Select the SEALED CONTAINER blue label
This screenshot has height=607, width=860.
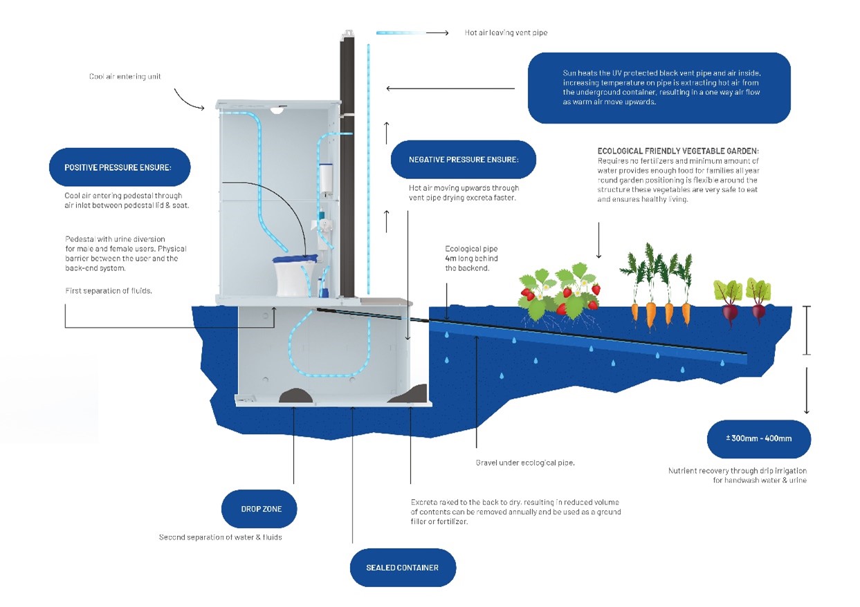[402, 568]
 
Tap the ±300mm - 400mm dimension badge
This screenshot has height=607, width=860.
[758, 438]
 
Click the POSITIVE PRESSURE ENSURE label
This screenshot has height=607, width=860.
[119, 167]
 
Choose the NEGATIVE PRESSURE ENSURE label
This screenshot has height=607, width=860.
[463, 160]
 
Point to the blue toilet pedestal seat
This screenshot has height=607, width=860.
[297, 260]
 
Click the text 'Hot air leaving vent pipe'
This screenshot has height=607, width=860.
[506, 32]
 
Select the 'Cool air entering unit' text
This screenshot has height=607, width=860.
[125, 77]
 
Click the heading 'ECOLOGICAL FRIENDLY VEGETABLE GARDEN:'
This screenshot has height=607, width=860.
[678, 151]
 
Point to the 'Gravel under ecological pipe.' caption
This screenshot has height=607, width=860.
[525, 463]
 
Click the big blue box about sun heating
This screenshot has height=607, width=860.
[659, 88]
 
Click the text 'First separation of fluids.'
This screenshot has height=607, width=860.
[109, 291]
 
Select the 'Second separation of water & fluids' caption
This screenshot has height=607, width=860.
[220, 537]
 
